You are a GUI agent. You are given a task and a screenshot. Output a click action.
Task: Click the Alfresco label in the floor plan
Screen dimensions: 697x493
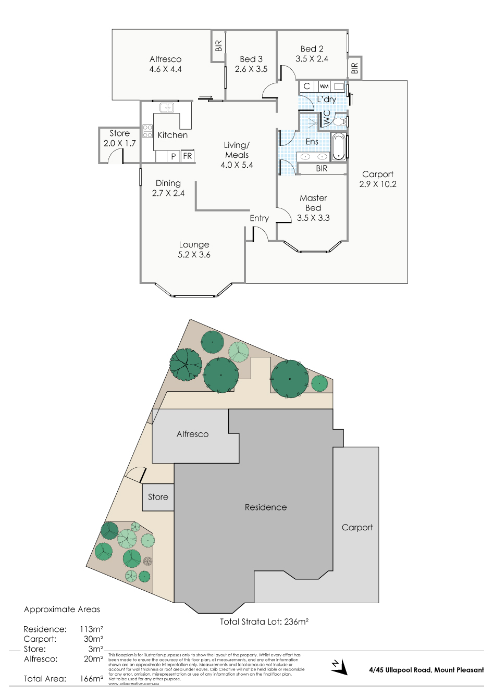tap(165, 59)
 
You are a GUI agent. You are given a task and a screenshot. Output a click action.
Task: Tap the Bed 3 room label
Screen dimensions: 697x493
tap(251, 59)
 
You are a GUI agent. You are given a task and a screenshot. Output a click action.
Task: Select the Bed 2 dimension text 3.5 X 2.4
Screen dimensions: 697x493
tap(312, 59)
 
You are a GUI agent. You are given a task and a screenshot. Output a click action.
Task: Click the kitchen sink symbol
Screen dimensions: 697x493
tap(167, 107)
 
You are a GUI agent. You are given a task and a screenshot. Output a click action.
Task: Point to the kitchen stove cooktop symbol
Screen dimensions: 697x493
tap(147, 131)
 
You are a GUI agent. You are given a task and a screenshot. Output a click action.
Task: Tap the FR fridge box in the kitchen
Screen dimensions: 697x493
tap(188, 156)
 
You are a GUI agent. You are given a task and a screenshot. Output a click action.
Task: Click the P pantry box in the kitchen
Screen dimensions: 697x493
tap(174, 156)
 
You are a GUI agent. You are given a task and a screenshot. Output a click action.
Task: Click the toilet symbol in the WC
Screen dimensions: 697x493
tap(339, 121)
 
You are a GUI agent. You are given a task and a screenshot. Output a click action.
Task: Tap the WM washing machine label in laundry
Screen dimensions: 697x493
tap(324, 86)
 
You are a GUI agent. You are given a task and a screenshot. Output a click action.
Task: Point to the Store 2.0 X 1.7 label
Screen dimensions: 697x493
tap(119, 139)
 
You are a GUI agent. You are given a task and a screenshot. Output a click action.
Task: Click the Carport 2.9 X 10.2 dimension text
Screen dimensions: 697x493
tap(378, 184)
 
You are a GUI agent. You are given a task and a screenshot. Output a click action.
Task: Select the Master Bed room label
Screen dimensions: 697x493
tap(313, 203)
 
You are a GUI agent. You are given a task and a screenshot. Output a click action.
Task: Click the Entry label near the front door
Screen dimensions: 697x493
tap(259, 218)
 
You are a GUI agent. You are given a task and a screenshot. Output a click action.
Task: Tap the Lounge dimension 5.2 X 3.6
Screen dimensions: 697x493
tap(194, 255)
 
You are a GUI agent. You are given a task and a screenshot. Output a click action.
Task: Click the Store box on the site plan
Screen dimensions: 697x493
tap(158, 497)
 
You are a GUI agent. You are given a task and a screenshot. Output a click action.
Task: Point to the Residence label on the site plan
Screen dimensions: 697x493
tap(266, 507)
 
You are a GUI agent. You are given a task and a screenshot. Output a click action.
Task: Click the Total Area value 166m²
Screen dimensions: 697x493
tap(91, 679)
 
